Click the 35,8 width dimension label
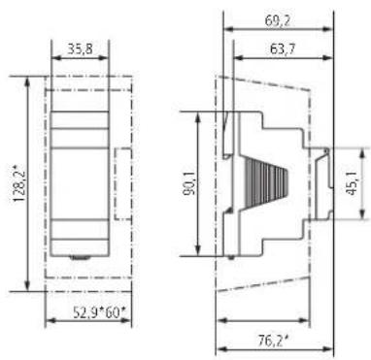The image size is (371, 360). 80,49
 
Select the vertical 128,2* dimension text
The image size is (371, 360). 19,183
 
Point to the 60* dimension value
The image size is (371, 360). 115,312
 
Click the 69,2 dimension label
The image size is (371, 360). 278,21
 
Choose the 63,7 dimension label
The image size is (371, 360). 283,49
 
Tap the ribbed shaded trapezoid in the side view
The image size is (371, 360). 265,183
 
